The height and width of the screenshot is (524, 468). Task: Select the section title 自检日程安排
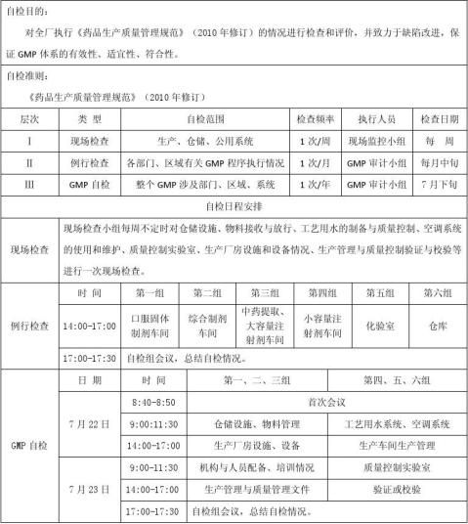tap(234, 206)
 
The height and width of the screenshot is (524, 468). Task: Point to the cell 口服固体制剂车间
tap(150, 323)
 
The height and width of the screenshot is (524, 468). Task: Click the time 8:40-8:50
tap(152, 402)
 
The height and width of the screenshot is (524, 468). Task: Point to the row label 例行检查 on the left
tap(29, 324)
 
